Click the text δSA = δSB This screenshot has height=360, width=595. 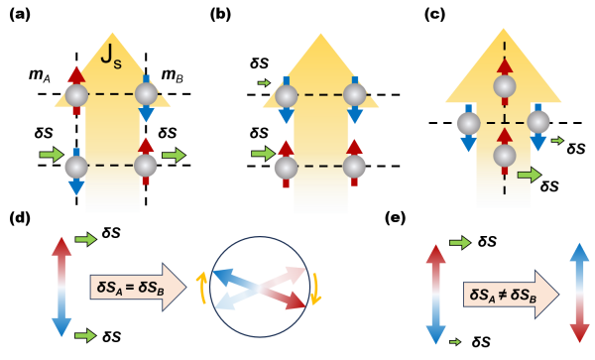tap(128, 287)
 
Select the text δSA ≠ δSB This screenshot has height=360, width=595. tap(502, 295)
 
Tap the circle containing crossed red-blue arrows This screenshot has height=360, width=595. tap(260, 287)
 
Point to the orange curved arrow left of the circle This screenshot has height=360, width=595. tap(201, 288)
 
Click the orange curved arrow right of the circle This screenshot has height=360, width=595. tap(316, 289)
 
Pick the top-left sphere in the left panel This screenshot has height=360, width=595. tap(76, 95)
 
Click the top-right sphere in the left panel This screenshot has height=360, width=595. tap(147, 94)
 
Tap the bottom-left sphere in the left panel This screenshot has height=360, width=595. tap(76, 167)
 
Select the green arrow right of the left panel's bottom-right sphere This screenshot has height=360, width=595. tap(174, 155)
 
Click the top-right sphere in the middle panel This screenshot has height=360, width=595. tap(354, 95)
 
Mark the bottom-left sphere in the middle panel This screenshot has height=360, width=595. tap(286, 167)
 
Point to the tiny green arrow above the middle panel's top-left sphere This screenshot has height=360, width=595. tap(264, 82)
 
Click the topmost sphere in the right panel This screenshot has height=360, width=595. tap(505, 86)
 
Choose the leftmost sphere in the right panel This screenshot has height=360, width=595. tap(468, 123)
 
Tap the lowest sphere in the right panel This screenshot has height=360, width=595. tap(505, 156)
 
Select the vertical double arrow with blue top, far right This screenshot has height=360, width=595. tap(579, 293)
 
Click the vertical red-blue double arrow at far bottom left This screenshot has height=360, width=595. tap(61, 287)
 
